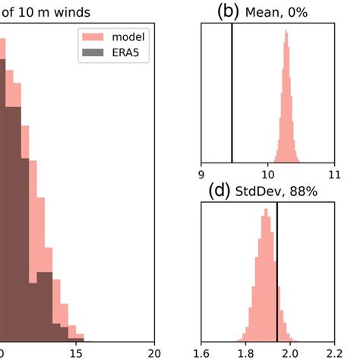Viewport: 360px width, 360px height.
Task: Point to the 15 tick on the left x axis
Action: tap(76, 352)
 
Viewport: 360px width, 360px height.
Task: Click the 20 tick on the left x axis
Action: tap(156, 352)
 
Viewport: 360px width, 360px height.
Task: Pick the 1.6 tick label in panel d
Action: tap(201, 352)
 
